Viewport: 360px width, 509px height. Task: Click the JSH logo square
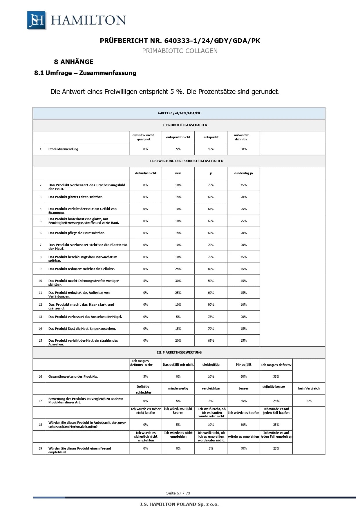(x=37, y=20)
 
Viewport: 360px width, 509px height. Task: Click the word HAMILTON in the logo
(x=88, y=20)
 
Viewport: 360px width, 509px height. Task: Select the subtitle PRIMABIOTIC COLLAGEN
(x=180, y=51)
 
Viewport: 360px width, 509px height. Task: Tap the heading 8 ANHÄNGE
(x=74, y=62)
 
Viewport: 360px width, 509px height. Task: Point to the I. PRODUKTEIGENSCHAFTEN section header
(x=185, y=125)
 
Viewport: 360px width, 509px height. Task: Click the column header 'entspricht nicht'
(x=178, y=137)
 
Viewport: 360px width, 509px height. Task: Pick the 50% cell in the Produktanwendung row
(x=244, y=149)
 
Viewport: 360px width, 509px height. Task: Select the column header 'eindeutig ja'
(x=244, y=173)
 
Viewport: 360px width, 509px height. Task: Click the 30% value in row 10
(x=178, y=281)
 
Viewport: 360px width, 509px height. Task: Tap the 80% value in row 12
(x=211, y=305)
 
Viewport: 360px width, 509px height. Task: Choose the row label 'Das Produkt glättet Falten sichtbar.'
(x=75, y=197)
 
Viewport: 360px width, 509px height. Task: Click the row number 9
(x=41, y=269)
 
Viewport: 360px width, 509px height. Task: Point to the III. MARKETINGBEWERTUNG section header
(x=179, y=352)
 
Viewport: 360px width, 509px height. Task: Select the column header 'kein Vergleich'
(x=309, y=388)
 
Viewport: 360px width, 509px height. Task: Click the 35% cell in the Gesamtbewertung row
(x=276, y=376)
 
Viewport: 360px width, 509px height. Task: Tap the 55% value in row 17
(x=244, y=401)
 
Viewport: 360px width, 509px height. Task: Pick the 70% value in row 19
(x=244, y=448)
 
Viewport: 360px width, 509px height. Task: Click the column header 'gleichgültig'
(x=211, y=365)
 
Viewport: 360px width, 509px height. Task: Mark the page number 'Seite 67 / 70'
(x=178, y=493)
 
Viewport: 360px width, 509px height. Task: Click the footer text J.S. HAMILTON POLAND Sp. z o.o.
(x=179, y=504)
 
